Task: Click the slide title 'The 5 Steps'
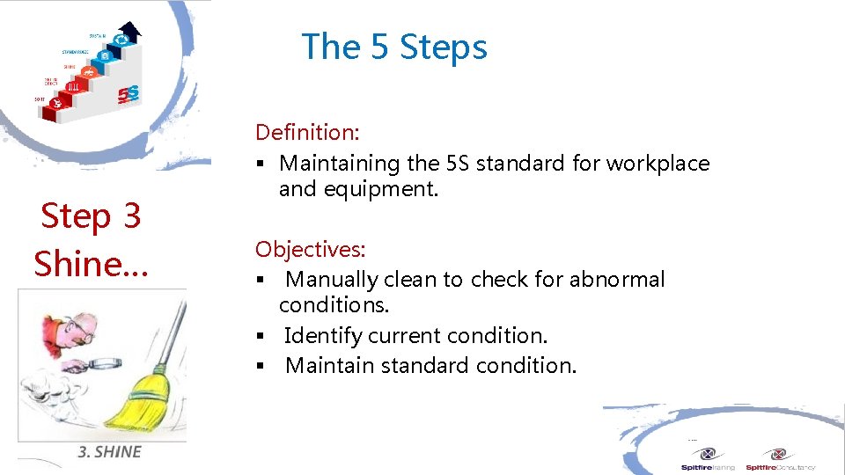coord(394,47)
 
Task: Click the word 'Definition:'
coord(307,133)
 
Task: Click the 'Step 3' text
coord(91,216)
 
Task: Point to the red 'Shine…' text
coord(91,263)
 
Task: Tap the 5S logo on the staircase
coord(129,93)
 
